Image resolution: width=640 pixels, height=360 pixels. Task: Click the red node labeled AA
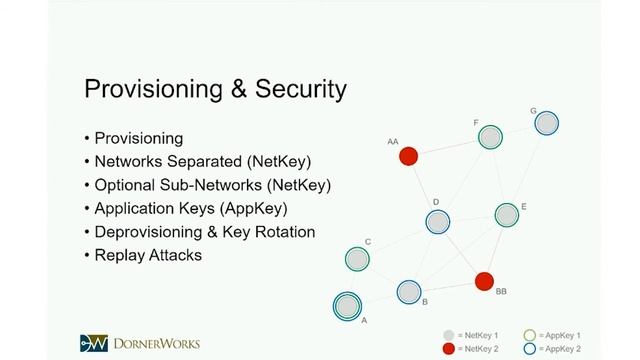tap(408, 157)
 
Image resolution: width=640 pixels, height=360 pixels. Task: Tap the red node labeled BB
tap(484, 281)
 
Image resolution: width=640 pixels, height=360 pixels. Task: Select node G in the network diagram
tap(546, 123)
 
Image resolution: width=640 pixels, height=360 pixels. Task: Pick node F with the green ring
tap(490, 137)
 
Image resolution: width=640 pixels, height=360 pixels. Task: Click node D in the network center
tap(437, 222)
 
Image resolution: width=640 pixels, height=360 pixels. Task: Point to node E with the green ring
tap(507, 215)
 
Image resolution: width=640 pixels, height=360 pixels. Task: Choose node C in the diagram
tap(357, 259)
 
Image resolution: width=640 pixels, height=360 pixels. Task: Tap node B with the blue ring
tap(408, 292)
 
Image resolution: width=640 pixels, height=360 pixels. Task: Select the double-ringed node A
tap(347, 305)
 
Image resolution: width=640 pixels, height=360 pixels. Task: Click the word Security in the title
tap(297, 89)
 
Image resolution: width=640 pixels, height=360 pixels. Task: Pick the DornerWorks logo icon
tap(93, 342)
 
